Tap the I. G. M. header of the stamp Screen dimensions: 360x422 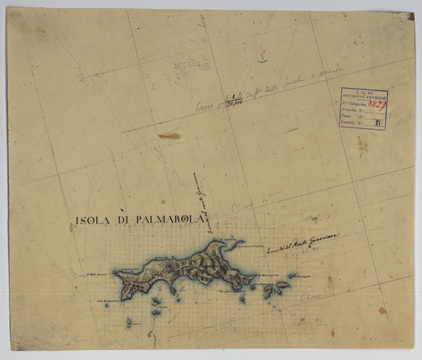tap(363, 91)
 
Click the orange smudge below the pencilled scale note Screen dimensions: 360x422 tap(169, 135)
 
